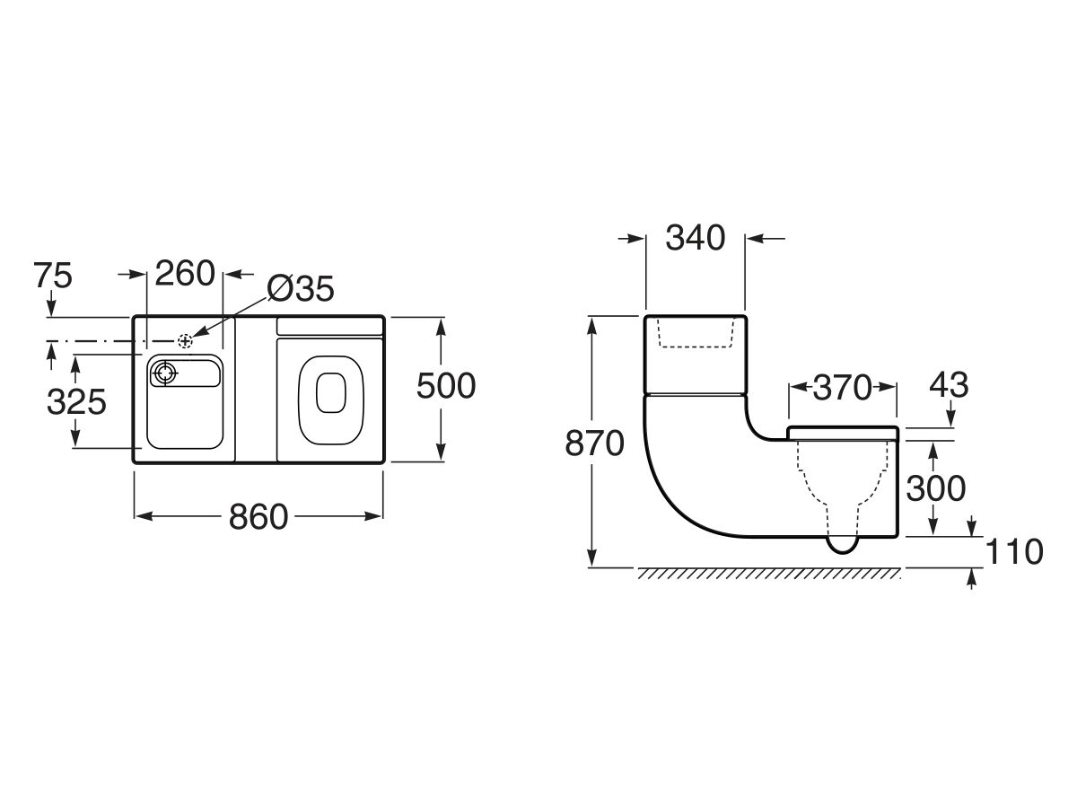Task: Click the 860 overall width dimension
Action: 259,517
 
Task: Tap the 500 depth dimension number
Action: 446,387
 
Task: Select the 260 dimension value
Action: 185,273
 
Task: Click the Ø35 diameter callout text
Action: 301,289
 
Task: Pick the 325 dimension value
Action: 76,401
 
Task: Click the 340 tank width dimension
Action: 695,238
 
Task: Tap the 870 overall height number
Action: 594,444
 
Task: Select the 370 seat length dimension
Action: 842,388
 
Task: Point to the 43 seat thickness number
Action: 949,385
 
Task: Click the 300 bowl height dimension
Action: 935,488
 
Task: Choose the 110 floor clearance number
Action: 1013,551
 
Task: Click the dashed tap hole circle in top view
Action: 185,341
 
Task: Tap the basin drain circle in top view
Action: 165,372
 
